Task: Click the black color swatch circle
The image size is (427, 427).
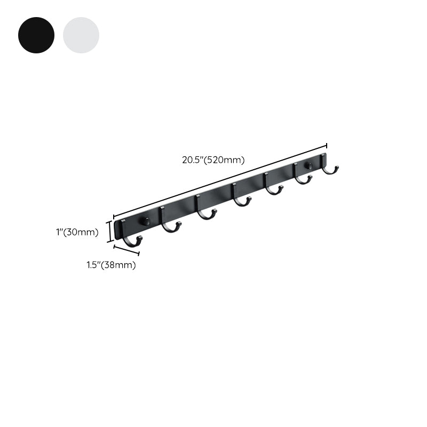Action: (x=36, y=35)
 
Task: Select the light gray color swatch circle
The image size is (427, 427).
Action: (x=81, y=35)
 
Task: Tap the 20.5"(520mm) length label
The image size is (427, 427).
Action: (x=213, y=160)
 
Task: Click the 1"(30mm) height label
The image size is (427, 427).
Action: (x=77, y=232)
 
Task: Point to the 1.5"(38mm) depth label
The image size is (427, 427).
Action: (x=111, y=265)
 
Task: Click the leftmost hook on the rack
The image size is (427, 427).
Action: (x=131, y=233)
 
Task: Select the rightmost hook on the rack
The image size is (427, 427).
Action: (x=330, y=164)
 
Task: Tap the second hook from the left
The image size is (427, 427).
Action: (x=170, y=219)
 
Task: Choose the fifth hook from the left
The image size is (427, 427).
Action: (x=274, y=184)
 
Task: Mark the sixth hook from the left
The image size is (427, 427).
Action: (x=303, y=174)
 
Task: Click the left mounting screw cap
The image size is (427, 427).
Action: (x=145, y=221)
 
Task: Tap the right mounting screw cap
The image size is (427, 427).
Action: (x=309, y=165)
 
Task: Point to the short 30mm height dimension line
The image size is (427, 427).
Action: (x=110, y=232)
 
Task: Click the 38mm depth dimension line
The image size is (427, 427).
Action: (x=126, y=250)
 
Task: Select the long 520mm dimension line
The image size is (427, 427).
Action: (x=220, y=181)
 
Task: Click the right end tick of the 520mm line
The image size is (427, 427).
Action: (x=327, y=146)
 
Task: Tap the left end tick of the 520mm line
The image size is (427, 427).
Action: (x=114, y=217)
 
